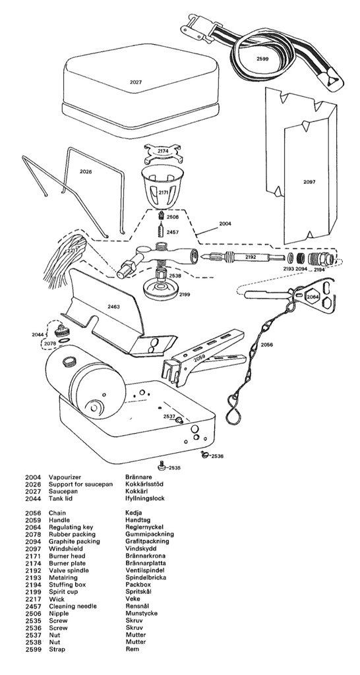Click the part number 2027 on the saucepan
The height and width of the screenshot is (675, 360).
[136, 82]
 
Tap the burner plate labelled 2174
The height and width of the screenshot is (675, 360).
[164, 153]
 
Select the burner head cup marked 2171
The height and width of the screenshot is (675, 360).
[162, 186]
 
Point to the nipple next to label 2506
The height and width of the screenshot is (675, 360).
[162, 216]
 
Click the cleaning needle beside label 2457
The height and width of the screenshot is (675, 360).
[162, 230]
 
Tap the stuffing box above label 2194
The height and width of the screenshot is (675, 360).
[321, 259]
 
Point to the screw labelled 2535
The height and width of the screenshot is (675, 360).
[162, 465]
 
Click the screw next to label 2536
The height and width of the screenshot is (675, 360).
[205, 454]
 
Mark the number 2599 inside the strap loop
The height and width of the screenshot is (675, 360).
[262, 59]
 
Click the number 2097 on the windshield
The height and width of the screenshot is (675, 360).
[310, 182]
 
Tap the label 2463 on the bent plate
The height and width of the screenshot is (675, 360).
[113, 307]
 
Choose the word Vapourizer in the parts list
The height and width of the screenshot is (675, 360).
[63, 477]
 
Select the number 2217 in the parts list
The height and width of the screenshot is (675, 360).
[33, 599]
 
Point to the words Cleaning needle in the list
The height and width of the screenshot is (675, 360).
[73, 606]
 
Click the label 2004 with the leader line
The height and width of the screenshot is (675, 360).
[225, 223]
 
